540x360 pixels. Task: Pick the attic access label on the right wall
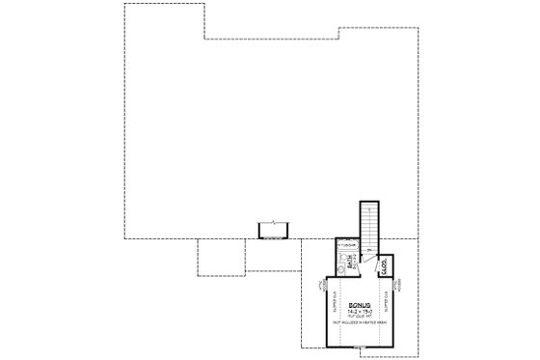click(397, 287)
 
